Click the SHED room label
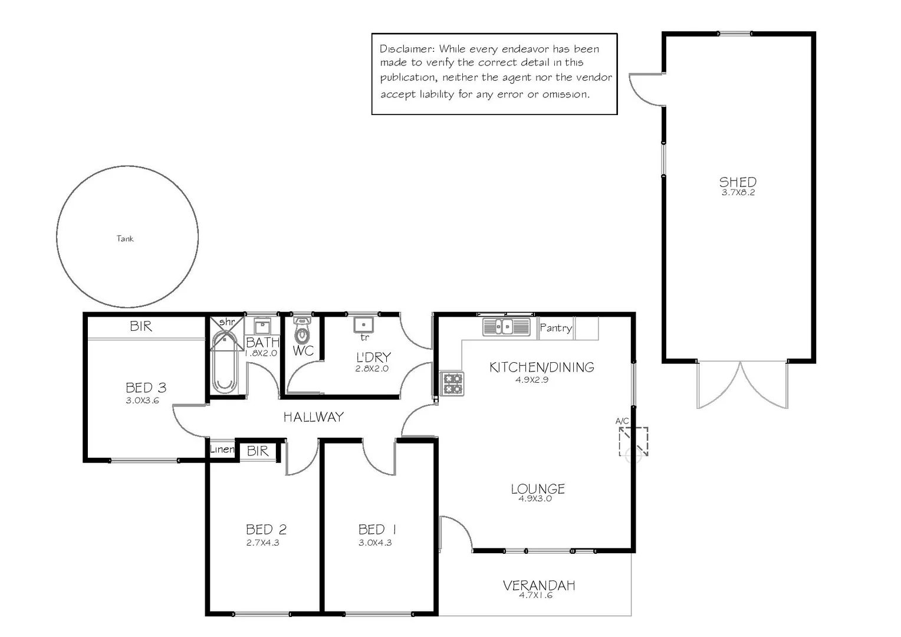pos(738,182)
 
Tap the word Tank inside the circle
pos(124,239)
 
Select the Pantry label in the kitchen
pos(556,328)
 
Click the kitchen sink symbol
pos(507,326)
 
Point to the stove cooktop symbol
pos(452,383)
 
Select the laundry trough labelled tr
pos(364,325)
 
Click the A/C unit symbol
pos(633,441)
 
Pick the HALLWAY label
pos(314,417)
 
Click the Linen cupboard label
pos(222,449)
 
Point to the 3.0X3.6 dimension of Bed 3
pos(142,400)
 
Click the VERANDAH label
pos(539,586)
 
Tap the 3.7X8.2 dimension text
pos(738,192)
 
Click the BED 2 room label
pos(267,529)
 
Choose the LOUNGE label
pos(538,489)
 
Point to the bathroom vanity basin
pos(262,326)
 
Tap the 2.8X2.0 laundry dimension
pos(371,369)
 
